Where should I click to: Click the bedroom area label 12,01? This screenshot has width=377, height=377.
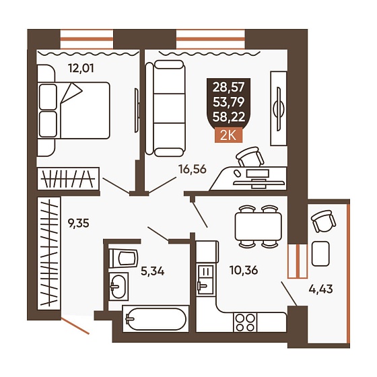pos(81,68)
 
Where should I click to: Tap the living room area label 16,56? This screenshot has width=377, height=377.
pos(193,170)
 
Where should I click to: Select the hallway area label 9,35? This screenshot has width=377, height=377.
pos(78,224)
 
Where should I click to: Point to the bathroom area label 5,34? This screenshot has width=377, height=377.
pos(152,272)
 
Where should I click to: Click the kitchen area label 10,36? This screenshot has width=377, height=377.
pos(244,270)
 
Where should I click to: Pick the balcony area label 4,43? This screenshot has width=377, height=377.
pos(320,289)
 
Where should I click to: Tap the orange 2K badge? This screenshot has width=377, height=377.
pos(228,136)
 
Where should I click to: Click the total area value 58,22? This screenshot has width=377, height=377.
pos(229,117)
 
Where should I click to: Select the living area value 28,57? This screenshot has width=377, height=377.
pos(228,87)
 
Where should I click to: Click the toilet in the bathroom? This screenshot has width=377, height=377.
pos(123,259)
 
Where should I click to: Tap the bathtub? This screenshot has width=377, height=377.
pos(156,319)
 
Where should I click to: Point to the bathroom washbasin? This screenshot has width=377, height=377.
pos(118,286)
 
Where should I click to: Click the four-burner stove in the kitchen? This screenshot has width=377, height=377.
pos(245,322)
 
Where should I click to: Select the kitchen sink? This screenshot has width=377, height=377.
pos(205,280)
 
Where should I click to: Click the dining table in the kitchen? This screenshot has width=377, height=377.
pos(259,226)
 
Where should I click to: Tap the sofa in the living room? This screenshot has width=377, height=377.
pos(166,108)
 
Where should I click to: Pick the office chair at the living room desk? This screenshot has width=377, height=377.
pos(250,157)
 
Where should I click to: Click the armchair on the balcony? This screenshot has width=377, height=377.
pos(323,221)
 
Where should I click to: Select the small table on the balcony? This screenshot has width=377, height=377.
pos(320,254)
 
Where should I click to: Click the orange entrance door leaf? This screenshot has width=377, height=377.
pos(75,326)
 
